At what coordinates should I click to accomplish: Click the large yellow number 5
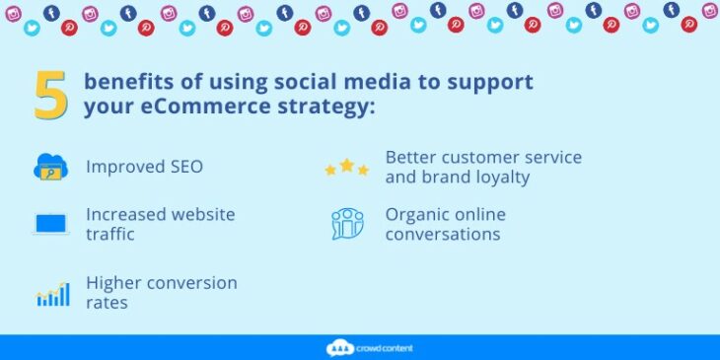(51, 95)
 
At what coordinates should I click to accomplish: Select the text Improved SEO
(144, 167)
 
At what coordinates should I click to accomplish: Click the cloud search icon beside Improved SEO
(50, 167)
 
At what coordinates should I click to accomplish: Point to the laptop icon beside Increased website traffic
(50, 224)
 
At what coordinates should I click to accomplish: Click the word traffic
(109, 236)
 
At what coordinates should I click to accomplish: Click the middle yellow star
(346, 165)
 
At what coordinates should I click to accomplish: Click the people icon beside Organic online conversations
(346, 224)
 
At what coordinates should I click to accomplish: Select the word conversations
(443, 235)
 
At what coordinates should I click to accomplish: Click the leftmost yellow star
(330, 170)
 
